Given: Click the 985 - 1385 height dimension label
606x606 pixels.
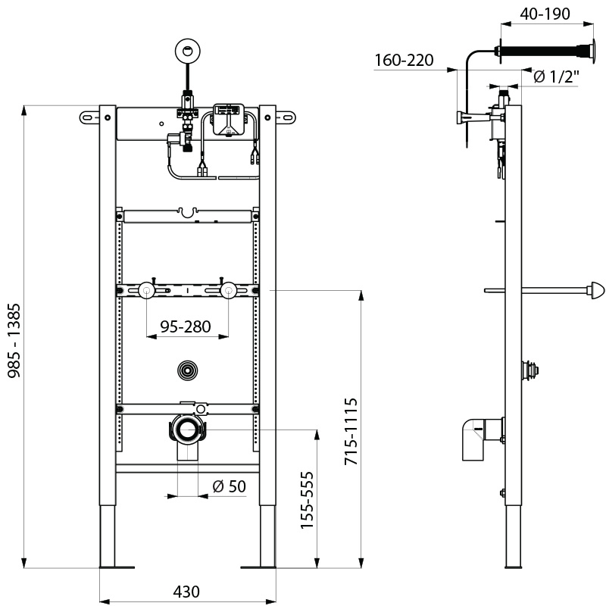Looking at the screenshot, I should coord(14,337).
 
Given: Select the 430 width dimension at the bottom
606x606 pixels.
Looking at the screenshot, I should coord(187,592).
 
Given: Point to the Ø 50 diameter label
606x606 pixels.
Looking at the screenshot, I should coord(229,486).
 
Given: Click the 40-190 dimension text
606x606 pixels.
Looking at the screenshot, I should coord(544,13).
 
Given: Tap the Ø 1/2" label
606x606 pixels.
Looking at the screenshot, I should coord(556,77).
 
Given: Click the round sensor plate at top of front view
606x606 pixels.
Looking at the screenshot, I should coord(186,51).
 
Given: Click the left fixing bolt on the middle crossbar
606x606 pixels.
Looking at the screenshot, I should coord(146,290).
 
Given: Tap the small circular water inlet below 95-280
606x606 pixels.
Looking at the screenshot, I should coord(186,370).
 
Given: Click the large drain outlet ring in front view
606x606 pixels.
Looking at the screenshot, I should coord(186,430).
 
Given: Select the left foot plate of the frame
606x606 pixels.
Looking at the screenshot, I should coord(116,566).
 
